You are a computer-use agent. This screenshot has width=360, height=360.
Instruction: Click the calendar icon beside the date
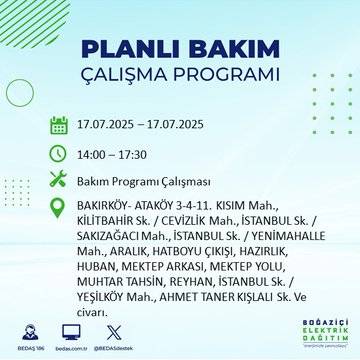[59, 126]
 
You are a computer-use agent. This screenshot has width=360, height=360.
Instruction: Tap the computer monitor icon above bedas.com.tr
[71, 329]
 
